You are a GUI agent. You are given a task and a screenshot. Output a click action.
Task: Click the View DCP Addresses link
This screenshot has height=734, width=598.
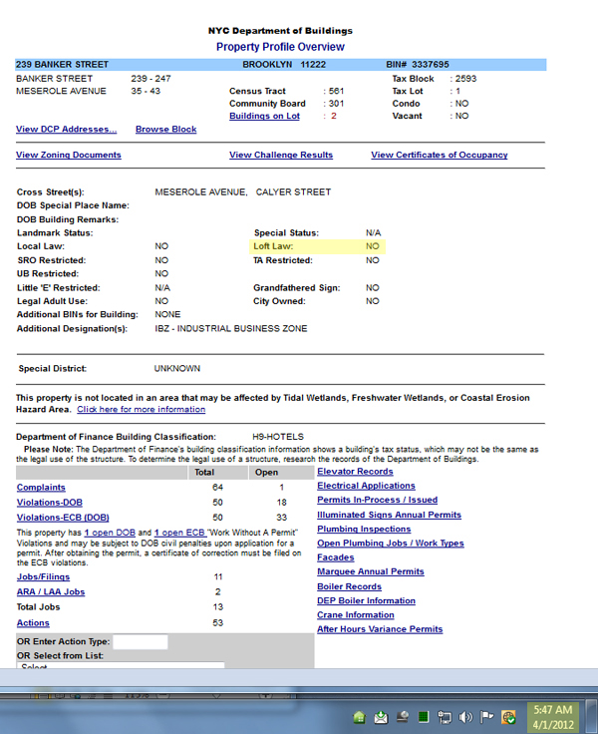[66, 130]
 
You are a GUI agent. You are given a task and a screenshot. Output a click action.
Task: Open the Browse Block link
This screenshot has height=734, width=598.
[165, 130]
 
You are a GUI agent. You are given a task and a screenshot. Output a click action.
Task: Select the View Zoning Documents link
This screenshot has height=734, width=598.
[69, 156]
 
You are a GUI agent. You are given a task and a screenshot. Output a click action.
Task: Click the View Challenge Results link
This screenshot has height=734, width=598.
[281, 156]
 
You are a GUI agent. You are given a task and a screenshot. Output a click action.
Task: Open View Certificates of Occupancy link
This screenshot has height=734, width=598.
[439, 156]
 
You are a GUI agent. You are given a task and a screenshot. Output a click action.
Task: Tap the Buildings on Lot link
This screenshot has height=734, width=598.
[264, 117]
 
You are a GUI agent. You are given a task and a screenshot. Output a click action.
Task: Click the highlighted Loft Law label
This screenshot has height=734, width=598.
[273, 245]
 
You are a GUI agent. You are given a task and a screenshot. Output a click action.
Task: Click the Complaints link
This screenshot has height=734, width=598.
[41, 487]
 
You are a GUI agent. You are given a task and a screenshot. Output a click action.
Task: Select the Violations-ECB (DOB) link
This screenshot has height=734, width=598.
[63, 518]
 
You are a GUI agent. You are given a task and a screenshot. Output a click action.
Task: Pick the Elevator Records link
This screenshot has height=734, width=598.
[355, 472]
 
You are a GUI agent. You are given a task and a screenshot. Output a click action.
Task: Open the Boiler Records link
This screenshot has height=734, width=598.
[349, 586]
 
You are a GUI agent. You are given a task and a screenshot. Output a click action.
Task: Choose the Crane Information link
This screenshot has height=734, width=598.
[356, 615]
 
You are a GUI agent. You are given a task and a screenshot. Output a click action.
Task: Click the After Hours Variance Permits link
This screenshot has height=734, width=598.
[380, 629]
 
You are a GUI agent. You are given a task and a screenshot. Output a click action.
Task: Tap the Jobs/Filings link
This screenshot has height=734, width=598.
[43, 577]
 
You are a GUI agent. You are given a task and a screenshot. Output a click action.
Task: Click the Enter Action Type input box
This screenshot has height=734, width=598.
[140, 641]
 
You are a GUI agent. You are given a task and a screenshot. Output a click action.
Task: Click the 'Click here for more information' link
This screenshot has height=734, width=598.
[141, 409]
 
